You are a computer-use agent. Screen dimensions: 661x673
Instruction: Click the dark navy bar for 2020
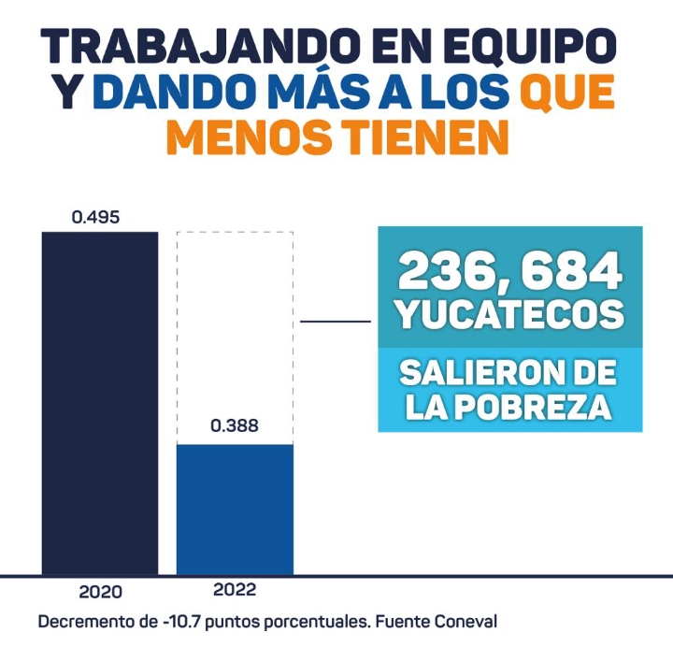[100, 402]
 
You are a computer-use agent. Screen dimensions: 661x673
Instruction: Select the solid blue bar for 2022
[235, 509]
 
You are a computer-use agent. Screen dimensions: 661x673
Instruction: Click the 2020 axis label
[100, 592]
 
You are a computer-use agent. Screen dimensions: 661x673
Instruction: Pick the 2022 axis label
[235, 590]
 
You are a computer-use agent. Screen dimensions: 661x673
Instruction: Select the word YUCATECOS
[509, 314]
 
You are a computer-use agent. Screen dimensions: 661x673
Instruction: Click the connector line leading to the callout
[336, 323]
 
